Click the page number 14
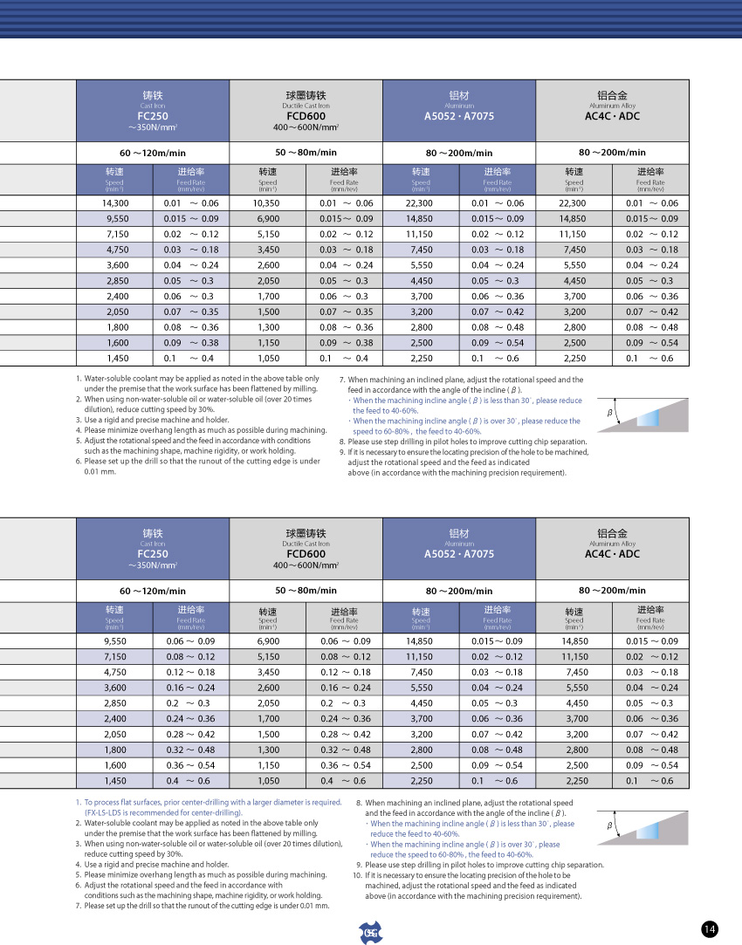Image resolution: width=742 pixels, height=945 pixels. (x=710, y=929)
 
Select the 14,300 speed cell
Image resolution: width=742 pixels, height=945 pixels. (x=117, y=202)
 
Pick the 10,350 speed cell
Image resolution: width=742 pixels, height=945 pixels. (x=266, y=202)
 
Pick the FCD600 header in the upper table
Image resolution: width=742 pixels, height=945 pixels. (x=306, y=116)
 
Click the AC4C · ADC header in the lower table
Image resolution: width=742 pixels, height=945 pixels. (x=612, y=554)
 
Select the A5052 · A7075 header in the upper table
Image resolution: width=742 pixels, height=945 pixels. (x=459, y=116)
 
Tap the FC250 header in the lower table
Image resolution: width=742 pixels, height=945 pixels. (x=153, y=554)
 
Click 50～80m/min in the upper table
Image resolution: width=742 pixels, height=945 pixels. (x=306, y=153)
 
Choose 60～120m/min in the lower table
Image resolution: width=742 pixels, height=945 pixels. (x=153, y=591)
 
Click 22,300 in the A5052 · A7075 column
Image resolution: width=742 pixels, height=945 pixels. (x=421, y=202)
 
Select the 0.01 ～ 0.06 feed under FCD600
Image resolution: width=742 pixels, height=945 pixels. (x=346, y=202)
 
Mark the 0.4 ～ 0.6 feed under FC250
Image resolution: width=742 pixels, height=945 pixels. (x=190, y=781)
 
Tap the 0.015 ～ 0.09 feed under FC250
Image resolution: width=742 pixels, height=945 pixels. (x=190, y=218)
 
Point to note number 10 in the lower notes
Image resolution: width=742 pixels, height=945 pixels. (x=357, y=874)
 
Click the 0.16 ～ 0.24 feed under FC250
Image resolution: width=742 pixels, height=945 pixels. (x=190, y=687)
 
